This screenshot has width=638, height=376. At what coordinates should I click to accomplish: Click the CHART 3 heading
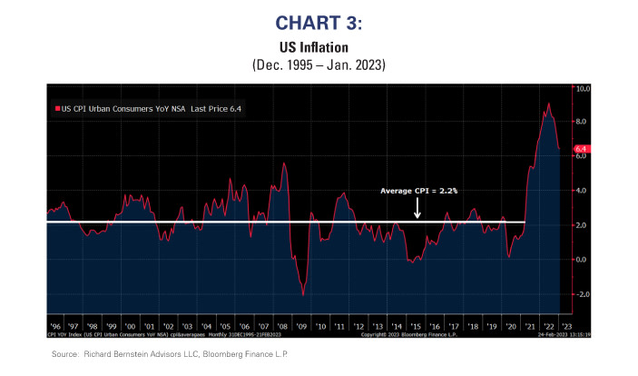click(319, 21)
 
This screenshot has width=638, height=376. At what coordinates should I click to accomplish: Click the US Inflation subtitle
click(319, 45)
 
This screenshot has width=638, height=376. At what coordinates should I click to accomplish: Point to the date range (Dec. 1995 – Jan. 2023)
click(319, 64)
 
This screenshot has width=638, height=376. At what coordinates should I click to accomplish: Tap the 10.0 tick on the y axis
click(584, 89)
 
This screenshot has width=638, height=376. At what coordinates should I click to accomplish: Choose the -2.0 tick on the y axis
click(583, 294)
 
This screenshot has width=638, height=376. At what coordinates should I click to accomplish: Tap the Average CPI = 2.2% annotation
click(418, 192)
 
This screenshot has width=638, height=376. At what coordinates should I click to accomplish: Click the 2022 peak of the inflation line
click(547, 104)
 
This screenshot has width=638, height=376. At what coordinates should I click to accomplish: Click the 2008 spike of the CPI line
click(285, 163)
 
